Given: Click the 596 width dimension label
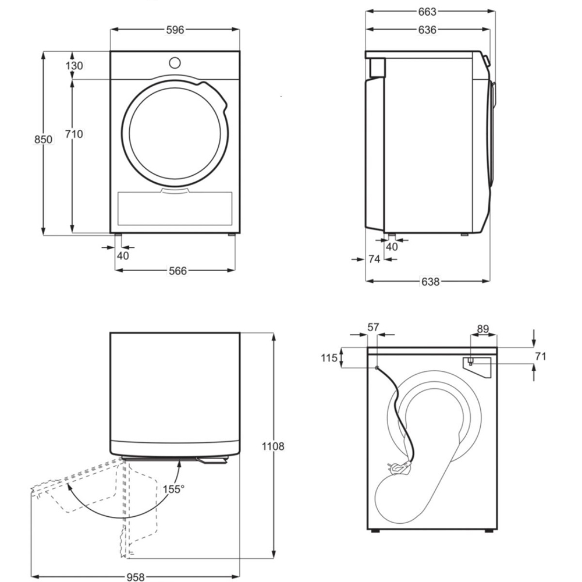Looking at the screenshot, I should tap(175, 30).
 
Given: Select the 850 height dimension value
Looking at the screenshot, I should tap(43, 140).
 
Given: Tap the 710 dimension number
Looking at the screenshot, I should tap(74, 134).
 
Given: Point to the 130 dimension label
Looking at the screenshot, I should tap(74, 66).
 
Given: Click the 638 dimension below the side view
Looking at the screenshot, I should tap(430, 282).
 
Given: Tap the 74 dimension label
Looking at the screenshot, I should tap(374, 259).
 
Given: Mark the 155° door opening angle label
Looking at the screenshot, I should tap(174, 489).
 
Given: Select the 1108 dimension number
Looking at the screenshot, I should tap(273, 447).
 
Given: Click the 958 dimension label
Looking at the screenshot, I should tap(136, 577).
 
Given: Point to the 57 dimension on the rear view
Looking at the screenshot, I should tap(373, 328).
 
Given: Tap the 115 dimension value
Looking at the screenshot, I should tap(329, 358).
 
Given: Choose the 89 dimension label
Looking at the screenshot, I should tap(482, 329).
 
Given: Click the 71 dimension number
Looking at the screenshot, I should tap(541, 356).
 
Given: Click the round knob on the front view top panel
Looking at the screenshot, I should tap(175, 62).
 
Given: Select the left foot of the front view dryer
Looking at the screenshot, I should tap(118, 236).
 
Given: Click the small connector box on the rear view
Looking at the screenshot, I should tap(470, 361).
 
